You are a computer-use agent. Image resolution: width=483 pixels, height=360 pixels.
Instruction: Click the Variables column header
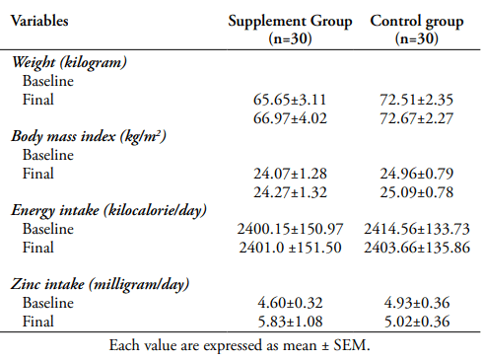[x=39, y=21]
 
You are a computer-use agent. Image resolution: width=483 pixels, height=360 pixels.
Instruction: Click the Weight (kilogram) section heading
[x=69, y=62]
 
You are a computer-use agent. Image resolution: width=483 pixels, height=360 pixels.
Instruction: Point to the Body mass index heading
[x=89, y=136]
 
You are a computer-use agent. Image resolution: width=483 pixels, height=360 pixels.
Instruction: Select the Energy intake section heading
[x=108, y=210]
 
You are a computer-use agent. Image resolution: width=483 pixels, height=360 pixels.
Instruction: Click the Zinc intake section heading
[x=100, y=284]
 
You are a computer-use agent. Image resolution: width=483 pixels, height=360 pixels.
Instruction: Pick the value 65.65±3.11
[x=290, y=100]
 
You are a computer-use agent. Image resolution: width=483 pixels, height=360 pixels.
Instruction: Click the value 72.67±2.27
[x=417, y=118]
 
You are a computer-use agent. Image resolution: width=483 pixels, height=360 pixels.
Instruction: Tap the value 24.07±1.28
[x=290, y=174]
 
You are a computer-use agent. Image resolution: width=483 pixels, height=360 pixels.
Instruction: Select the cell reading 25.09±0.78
[x=417, y=192]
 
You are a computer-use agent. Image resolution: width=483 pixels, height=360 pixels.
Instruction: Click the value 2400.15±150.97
[x=290, y=229]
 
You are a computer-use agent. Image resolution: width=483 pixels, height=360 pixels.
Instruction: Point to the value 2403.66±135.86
[x=417, y=248]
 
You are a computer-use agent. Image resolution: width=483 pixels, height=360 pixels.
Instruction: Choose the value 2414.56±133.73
[x=417, y=229]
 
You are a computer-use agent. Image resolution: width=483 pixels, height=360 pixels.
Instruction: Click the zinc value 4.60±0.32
[x=290, y=303]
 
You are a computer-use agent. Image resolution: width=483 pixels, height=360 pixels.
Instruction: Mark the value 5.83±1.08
[x=290, y=322]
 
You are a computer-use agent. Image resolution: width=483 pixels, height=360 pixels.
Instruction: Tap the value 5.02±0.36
[x=417, y=322]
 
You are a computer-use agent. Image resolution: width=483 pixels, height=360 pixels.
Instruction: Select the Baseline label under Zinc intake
[x=48, y=303]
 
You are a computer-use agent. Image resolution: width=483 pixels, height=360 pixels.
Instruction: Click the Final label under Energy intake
[x=37, y=248]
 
